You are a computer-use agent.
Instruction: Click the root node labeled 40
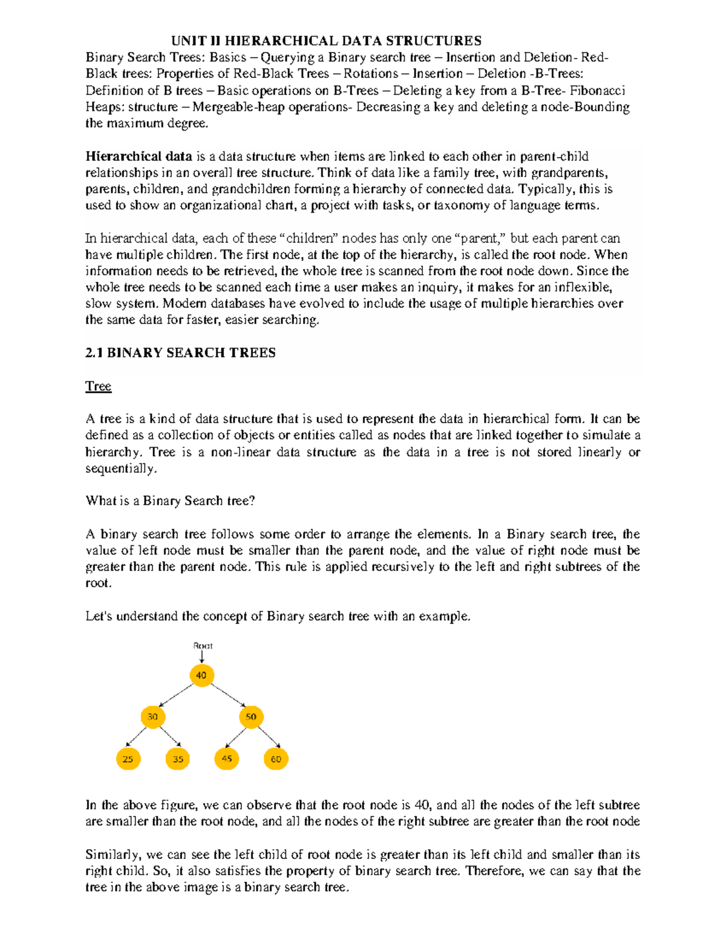pos(201,675)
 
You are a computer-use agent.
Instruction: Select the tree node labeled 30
pos(152,717)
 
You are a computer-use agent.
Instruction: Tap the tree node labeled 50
pos(251,717)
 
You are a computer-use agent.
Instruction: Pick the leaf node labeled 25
pos(128,758)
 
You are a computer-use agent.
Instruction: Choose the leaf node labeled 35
pos(178,758)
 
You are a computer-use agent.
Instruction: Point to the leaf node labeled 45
pos(227,758)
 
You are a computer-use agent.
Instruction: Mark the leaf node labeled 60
pos(276,758)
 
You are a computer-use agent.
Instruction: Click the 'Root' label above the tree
pos(203,646)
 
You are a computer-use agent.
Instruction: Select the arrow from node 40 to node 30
pos(177,695)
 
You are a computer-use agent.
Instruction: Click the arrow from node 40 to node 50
pos(227,695)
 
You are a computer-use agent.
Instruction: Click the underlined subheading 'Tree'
pos(98,386)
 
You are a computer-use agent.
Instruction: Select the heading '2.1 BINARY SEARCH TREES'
pos(180,353)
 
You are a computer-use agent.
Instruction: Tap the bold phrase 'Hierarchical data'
pos(139,156)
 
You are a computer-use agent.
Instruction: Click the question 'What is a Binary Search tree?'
pos(170,501)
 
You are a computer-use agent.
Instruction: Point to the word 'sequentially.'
pos(121,468)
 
